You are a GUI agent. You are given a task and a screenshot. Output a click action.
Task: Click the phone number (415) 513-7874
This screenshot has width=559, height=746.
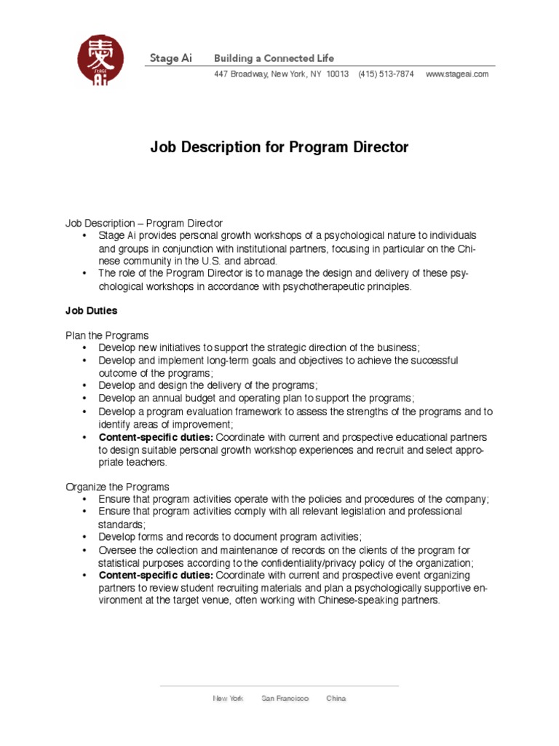pos(386,74)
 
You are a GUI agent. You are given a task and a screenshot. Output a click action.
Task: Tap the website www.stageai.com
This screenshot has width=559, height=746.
pos(456,74)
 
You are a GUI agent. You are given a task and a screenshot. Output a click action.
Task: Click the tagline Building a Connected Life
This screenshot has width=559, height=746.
pos(274,58)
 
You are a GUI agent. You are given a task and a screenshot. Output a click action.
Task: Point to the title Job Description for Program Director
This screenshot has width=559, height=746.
pos(279,147)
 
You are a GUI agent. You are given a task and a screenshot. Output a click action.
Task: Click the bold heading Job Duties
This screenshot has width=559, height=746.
pos(92,311)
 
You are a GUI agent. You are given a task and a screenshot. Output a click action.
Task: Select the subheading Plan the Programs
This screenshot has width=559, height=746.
pos(107,335)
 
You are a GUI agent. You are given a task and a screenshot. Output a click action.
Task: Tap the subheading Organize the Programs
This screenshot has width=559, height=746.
pos(117,487)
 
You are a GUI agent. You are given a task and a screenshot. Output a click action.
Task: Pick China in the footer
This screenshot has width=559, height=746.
pos(336,699)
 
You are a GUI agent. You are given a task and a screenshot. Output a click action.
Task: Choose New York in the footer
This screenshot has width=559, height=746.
pos(228,699)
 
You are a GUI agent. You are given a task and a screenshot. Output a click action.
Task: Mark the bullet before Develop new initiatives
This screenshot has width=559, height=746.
pos(85,348)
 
